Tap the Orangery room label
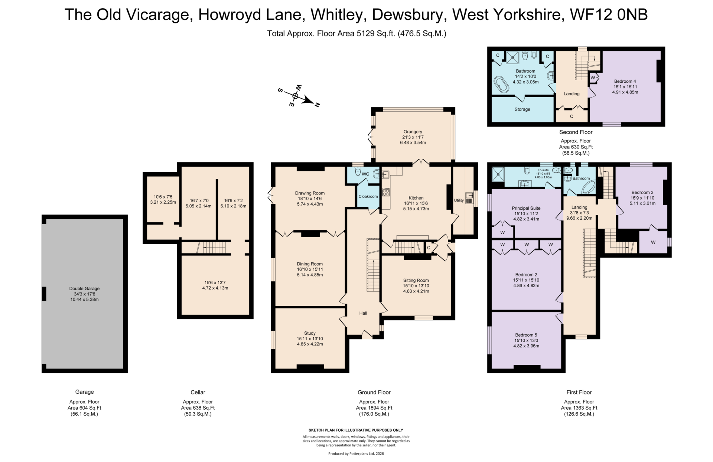pos(413,132)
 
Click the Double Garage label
pos(84,288)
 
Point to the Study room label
pos(310,333)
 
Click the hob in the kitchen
pos(386,192)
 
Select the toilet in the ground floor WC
pos(358,172)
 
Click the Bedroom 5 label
pos(526,335)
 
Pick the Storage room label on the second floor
pos(522,109)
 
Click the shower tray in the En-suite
pos(498,174)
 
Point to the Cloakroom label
pos(368,197)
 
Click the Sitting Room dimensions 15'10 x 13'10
pos(416,286)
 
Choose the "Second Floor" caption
pos(576,132)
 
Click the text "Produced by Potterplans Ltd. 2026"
pos(356,453)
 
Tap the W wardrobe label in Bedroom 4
pos(593,78)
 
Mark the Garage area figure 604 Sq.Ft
pos(84,408)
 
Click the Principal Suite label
pos(526,208)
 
